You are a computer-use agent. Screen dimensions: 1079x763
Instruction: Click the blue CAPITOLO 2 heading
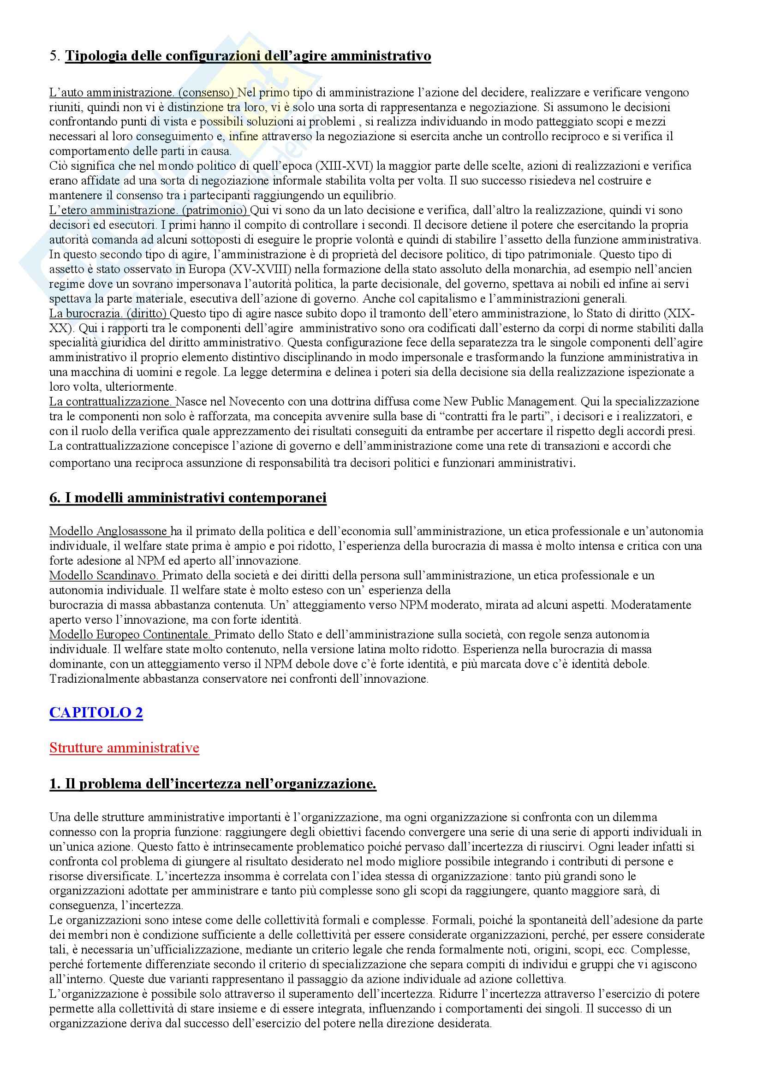click(96, 712)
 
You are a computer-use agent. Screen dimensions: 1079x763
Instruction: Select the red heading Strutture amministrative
click(124, 748)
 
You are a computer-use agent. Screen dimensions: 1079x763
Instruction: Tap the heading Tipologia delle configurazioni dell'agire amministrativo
click(248, 56)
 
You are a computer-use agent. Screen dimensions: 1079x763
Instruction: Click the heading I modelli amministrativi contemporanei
click(187, 498)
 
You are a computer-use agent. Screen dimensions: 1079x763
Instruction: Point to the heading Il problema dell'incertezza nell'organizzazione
click(212, 784)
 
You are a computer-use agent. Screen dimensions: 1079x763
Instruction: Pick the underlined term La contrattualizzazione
click(111, 402)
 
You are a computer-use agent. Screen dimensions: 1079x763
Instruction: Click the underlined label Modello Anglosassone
click(108, 531)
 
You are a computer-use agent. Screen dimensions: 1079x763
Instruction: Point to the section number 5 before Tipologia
click(53, 56)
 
